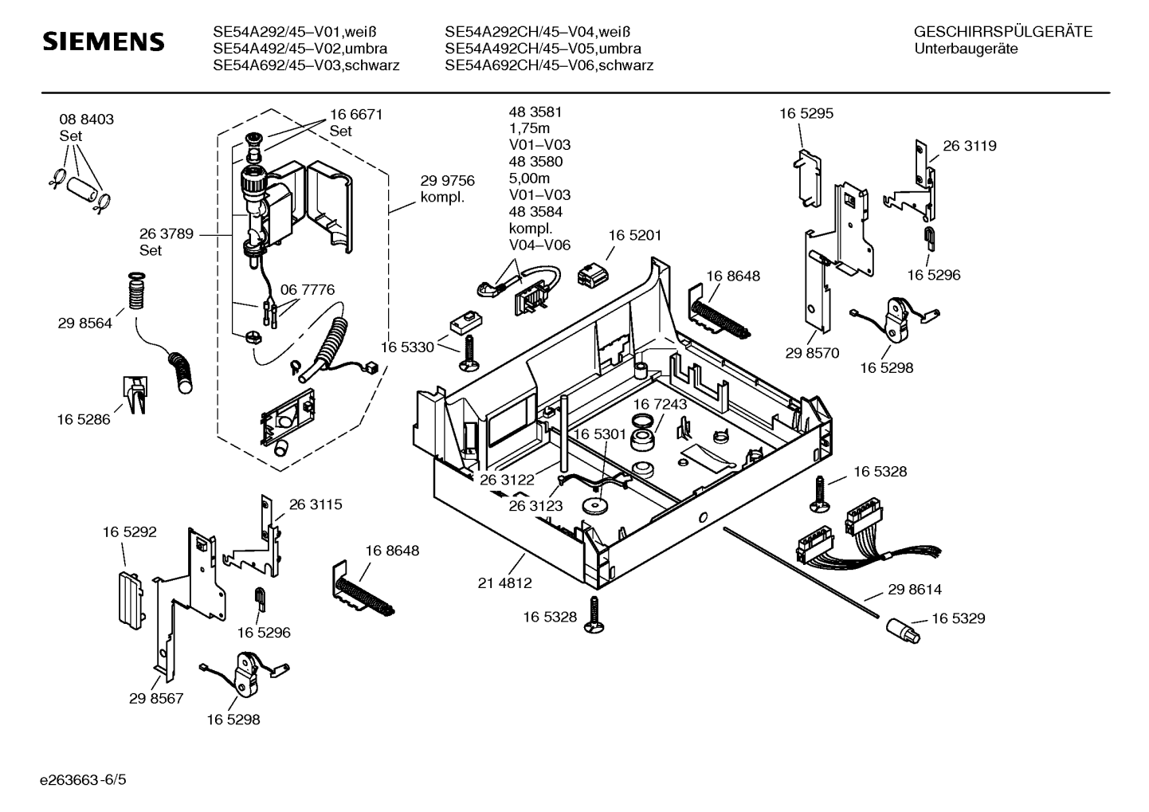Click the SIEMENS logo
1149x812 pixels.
[103, 41]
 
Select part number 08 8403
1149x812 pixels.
[86, 120]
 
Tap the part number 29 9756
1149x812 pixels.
[447, 181]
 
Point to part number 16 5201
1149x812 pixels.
[635, 235]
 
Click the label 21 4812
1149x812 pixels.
[504, 583]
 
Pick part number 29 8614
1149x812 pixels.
[915, 590]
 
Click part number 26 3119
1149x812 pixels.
[970, 146]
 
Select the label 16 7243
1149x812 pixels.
[660, 405]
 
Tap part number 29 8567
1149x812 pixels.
[156, 698]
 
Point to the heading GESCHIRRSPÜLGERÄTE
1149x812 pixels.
[1002, 33]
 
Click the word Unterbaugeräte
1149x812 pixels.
[966, 49]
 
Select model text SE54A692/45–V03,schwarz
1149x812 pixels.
[306, 65]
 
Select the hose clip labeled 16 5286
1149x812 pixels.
[134, 393]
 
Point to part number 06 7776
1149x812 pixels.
[308, 289]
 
